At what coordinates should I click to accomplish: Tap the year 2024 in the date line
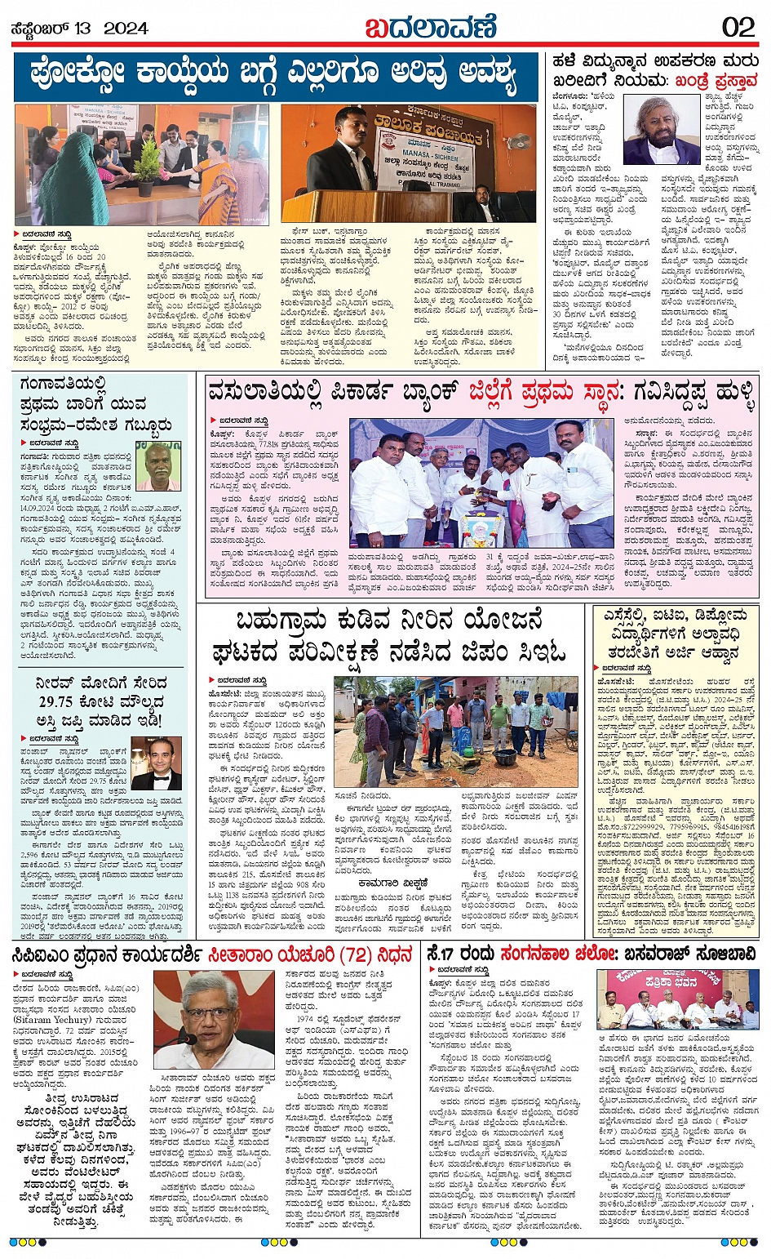point(125,28)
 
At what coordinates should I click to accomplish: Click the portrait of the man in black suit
point(156,763)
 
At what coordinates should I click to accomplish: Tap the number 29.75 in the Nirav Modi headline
point(55,701)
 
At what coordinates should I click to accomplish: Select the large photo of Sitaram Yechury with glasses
point(215,1020)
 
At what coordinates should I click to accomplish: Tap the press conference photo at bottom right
point(677,999)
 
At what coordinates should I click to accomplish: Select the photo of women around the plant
point(142,165)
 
